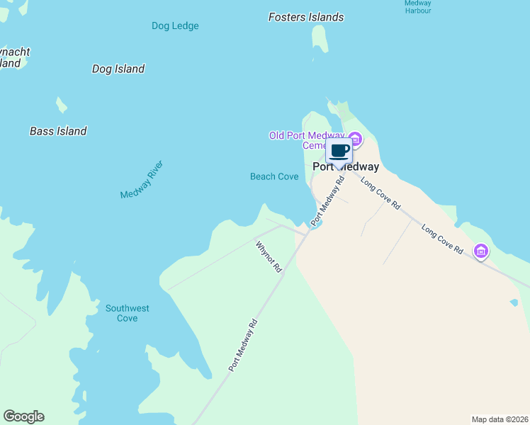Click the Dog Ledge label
tap(175, 26)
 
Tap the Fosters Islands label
tap(306, 17)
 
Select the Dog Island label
tap(118, 69)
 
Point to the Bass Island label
tap(58, 131)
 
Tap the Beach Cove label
tap(274, 176)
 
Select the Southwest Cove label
tap(128, 313)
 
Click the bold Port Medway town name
tap(346, 167)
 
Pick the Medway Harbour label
tap(417, 7)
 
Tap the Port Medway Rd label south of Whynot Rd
tap(242, 345)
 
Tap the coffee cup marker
tap(339, 151)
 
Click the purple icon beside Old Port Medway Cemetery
tap(354, 138)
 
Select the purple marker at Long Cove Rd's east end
tap(481, 250)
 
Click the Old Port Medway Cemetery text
tap(306, 140)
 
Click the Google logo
tap(23, 416)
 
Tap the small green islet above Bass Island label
tap(62, 106)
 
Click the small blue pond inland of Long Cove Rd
tap(514, 302)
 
